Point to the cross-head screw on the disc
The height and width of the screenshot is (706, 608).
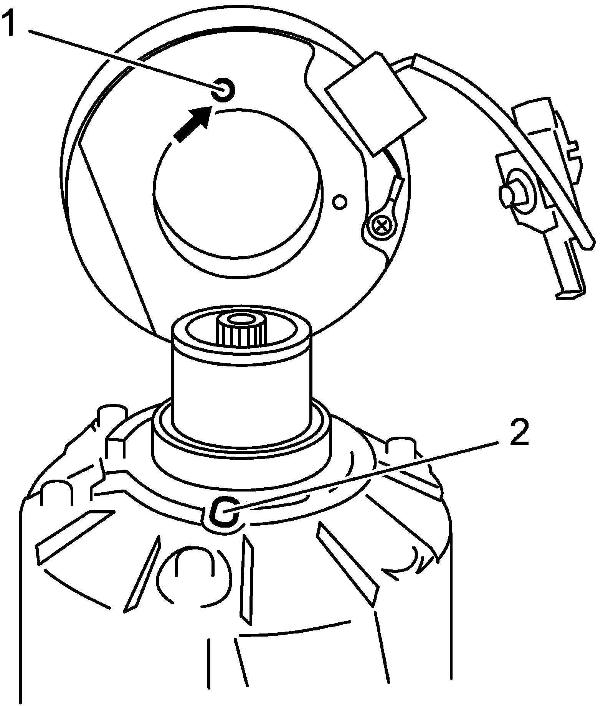[x=381, y=226]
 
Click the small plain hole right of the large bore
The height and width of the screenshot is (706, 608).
[x=340, y=201]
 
